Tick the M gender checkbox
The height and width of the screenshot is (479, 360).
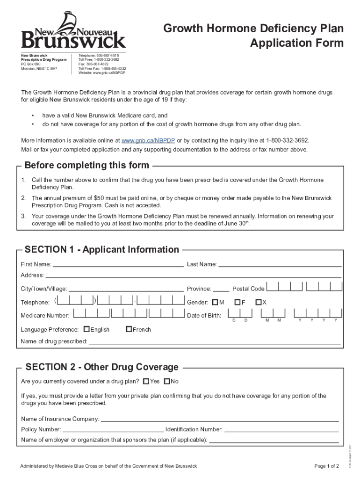[215, 302]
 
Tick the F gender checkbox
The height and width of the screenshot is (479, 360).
[238, 302]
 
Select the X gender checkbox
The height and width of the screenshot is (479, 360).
[258, 302]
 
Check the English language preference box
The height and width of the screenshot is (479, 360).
[86, 329]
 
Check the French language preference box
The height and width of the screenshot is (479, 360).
[129, 329]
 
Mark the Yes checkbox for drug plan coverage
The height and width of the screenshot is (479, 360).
[146, 381]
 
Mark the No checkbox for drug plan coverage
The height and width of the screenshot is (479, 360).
[167, 381]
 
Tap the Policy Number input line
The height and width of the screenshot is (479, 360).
[113, 429]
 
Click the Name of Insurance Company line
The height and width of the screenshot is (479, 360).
[220, 419]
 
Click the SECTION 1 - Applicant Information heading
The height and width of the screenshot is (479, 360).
[102, 249]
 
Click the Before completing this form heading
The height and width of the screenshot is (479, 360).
[87, 165]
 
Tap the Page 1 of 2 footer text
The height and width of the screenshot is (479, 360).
[327, 466]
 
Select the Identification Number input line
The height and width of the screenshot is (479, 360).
[281, 429]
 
